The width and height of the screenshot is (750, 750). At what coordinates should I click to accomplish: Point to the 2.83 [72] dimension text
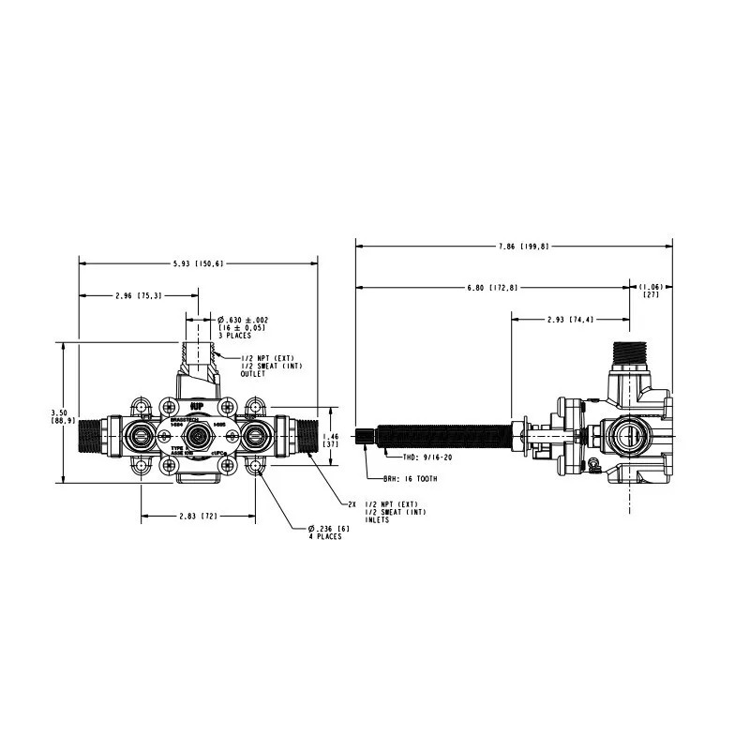tap(199, 516)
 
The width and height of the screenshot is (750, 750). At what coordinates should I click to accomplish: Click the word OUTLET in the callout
tap(254, 374)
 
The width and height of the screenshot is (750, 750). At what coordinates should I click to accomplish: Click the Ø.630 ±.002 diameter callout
tap(242, 320)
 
